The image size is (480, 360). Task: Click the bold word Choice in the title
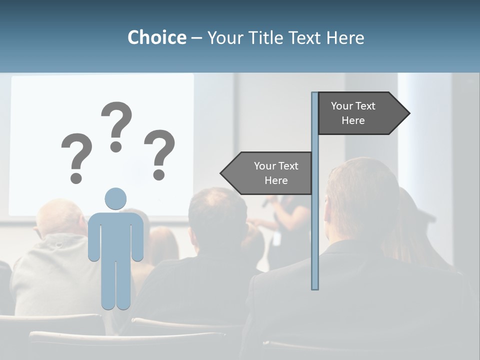point(156,37)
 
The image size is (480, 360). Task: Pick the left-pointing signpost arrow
point(267,173)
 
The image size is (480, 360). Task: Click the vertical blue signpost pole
point(315,225)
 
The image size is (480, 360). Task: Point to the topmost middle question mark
point(116,122)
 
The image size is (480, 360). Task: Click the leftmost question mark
point(76,155)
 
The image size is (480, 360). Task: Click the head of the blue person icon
point(115,198)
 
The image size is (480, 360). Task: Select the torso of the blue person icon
point(115,235)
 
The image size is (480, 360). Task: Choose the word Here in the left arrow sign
point(276,180)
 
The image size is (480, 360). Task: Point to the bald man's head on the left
point(59,217)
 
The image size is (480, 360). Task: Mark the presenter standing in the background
point(290,220)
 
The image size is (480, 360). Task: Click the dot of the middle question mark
point(116,146)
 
